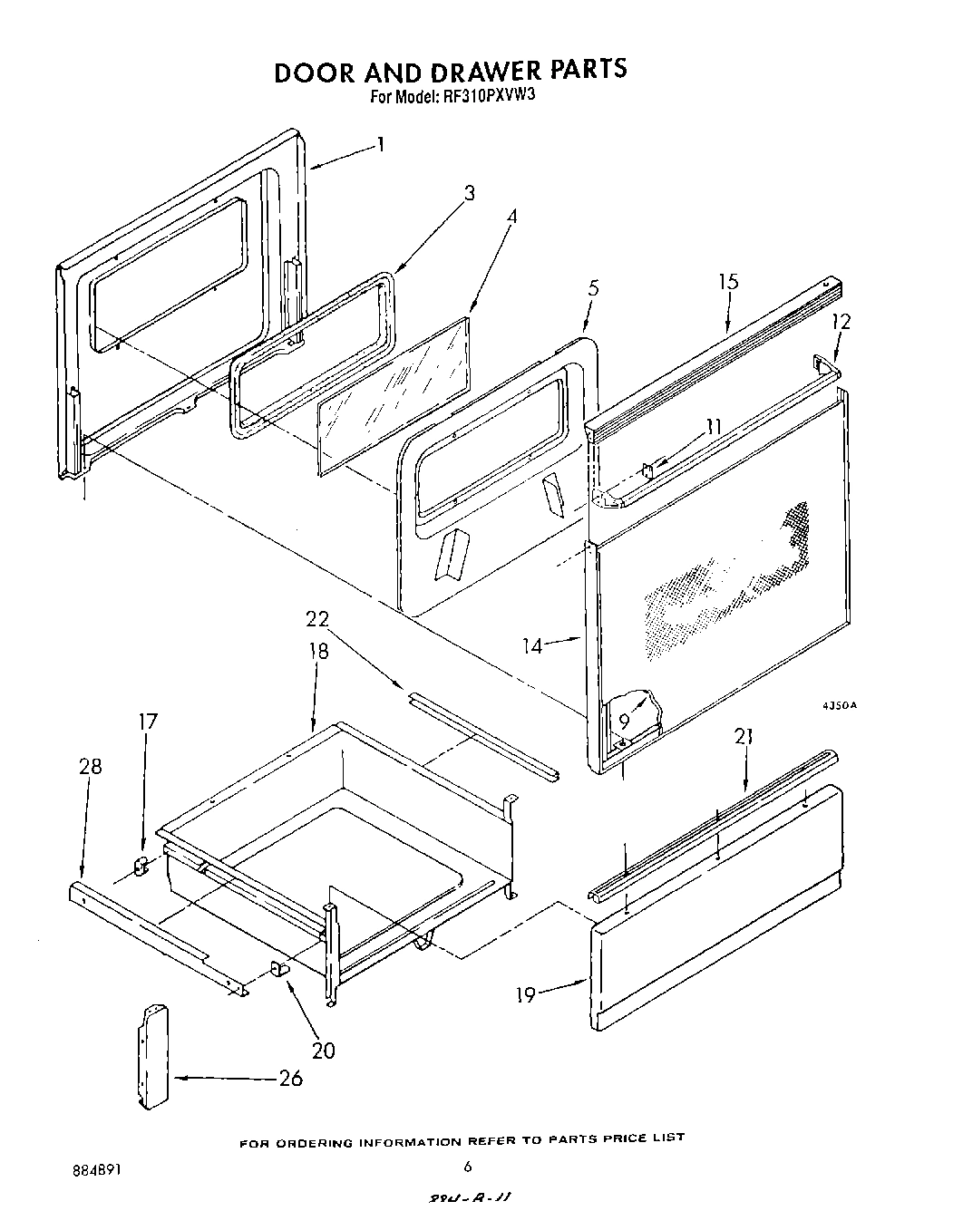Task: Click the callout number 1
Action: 381,144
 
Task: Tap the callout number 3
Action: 469,192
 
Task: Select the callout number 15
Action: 728,282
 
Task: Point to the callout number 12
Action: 841,322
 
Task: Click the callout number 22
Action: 316,620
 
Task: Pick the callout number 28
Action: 90,767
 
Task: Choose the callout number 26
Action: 289,1078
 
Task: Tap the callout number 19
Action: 527,994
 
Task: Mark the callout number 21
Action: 744,737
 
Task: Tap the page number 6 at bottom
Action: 468,1167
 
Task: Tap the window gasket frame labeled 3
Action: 313,354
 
